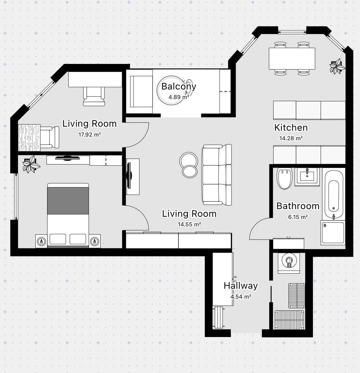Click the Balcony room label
(x=179, y=87)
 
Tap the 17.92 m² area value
(x=90, y=135)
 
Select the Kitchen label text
(x=291, y=128)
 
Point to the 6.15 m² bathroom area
(x=298, y=217)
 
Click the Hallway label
(x=241, y=286)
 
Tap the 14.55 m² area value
(x=189, y=224)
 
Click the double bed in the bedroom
(x=68, y=215)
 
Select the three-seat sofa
(x=217, y=175)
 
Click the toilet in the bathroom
(x=284, y=178)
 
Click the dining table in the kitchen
(x=292, y=58)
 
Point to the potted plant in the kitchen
(x=337, y=66)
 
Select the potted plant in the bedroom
(x=31, y=165)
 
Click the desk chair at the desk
(x=94, y=96)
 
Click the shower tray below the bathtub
(x=333, y=233)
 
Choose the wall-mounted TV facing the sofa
(x=129, y=176)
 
